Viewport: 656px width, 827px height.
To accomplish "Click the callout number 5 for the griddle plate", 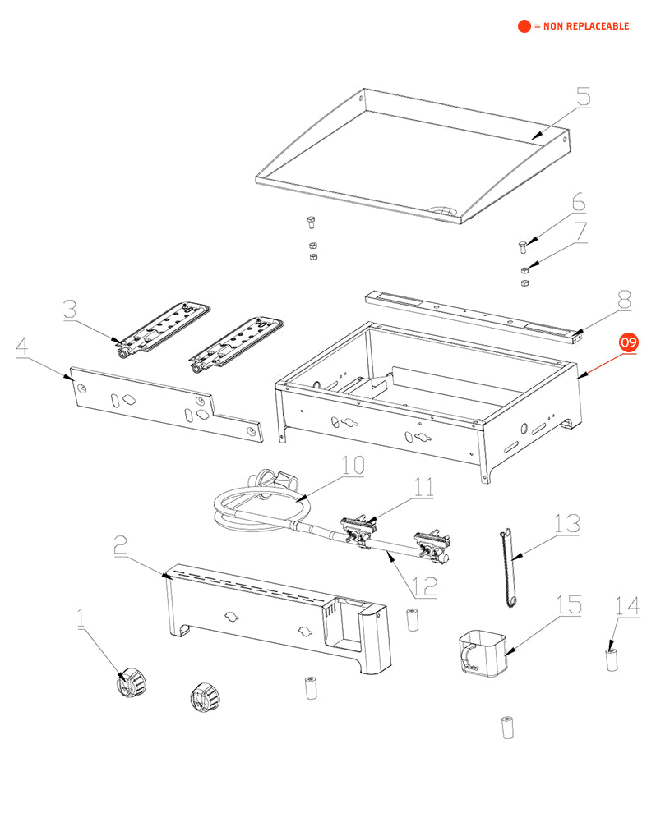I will pyautogui.click(x=583, y=97).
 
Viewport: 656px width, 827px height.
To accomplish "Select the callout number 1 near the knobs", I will pyautogui.click(x=81, y=618).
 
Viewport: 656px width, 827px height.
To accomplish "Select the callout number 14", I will pyautogui.click(x=626, y=607).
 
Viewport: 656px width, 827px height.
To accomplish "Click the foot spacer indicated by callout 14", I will pyautogui.click(x=612, y=659).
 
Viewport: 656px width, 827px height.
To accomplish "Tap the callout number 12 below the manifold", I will pyautogui.click(x=424, y=587).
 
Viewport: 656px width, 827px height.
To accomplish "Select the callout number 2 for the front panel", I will pyautogui.click(x=119, y=544).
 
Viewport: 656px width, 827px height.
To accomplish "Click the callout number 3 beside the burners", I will pyautogui.click(x=70, y=310).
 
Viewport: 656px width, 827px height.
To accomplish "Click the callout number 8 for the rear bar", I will pyautogui.click(x=624, y=301).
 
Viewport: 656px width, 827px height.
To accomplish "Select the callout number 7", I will pyautogui.click(x=581, y=232).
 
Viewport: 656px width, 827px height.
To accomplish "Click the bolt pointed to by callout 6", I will pyautogui.click(x=523, y=245).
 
